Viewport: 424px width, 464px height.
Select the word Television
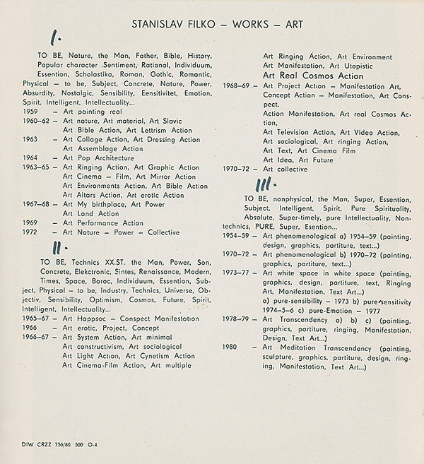[298, 132]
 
